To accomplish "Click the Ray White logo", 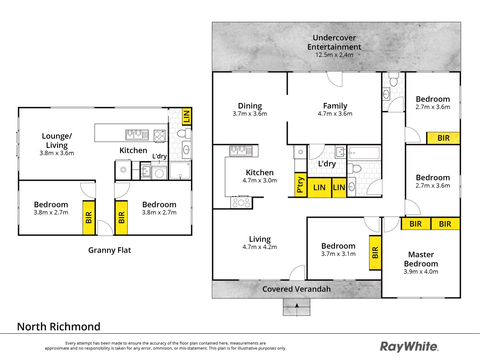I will (409, 347).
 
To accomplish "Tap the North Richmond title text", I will (59, 327).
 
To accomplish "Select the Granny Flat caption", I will (109, 250).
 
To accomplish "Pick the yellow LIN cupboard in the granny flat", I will (186, 116).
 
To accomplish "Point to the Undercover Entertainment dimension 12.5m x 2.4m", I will (334, 55).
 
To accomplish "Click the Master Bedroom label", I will (421, 259).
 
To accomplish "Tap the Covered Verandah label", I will (296, 289).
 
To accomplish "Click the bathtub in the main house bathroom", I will (364, 153).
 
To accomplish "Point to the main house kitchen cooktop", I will (241, 203).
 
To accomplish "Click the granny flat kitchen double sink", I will (137, 135).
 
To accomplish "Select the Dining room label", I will (250, 106).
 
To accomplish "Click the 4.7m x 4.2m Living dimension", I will (259, 247).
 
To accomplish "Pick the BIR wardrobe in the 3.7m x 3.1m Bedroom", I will (375, 253).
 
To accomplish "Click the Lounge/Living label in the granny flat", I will (57, 140).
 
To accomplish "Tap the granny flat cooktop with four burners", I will (159, 136).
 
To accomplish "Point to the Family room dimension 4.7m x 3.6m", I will (335, 114).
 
